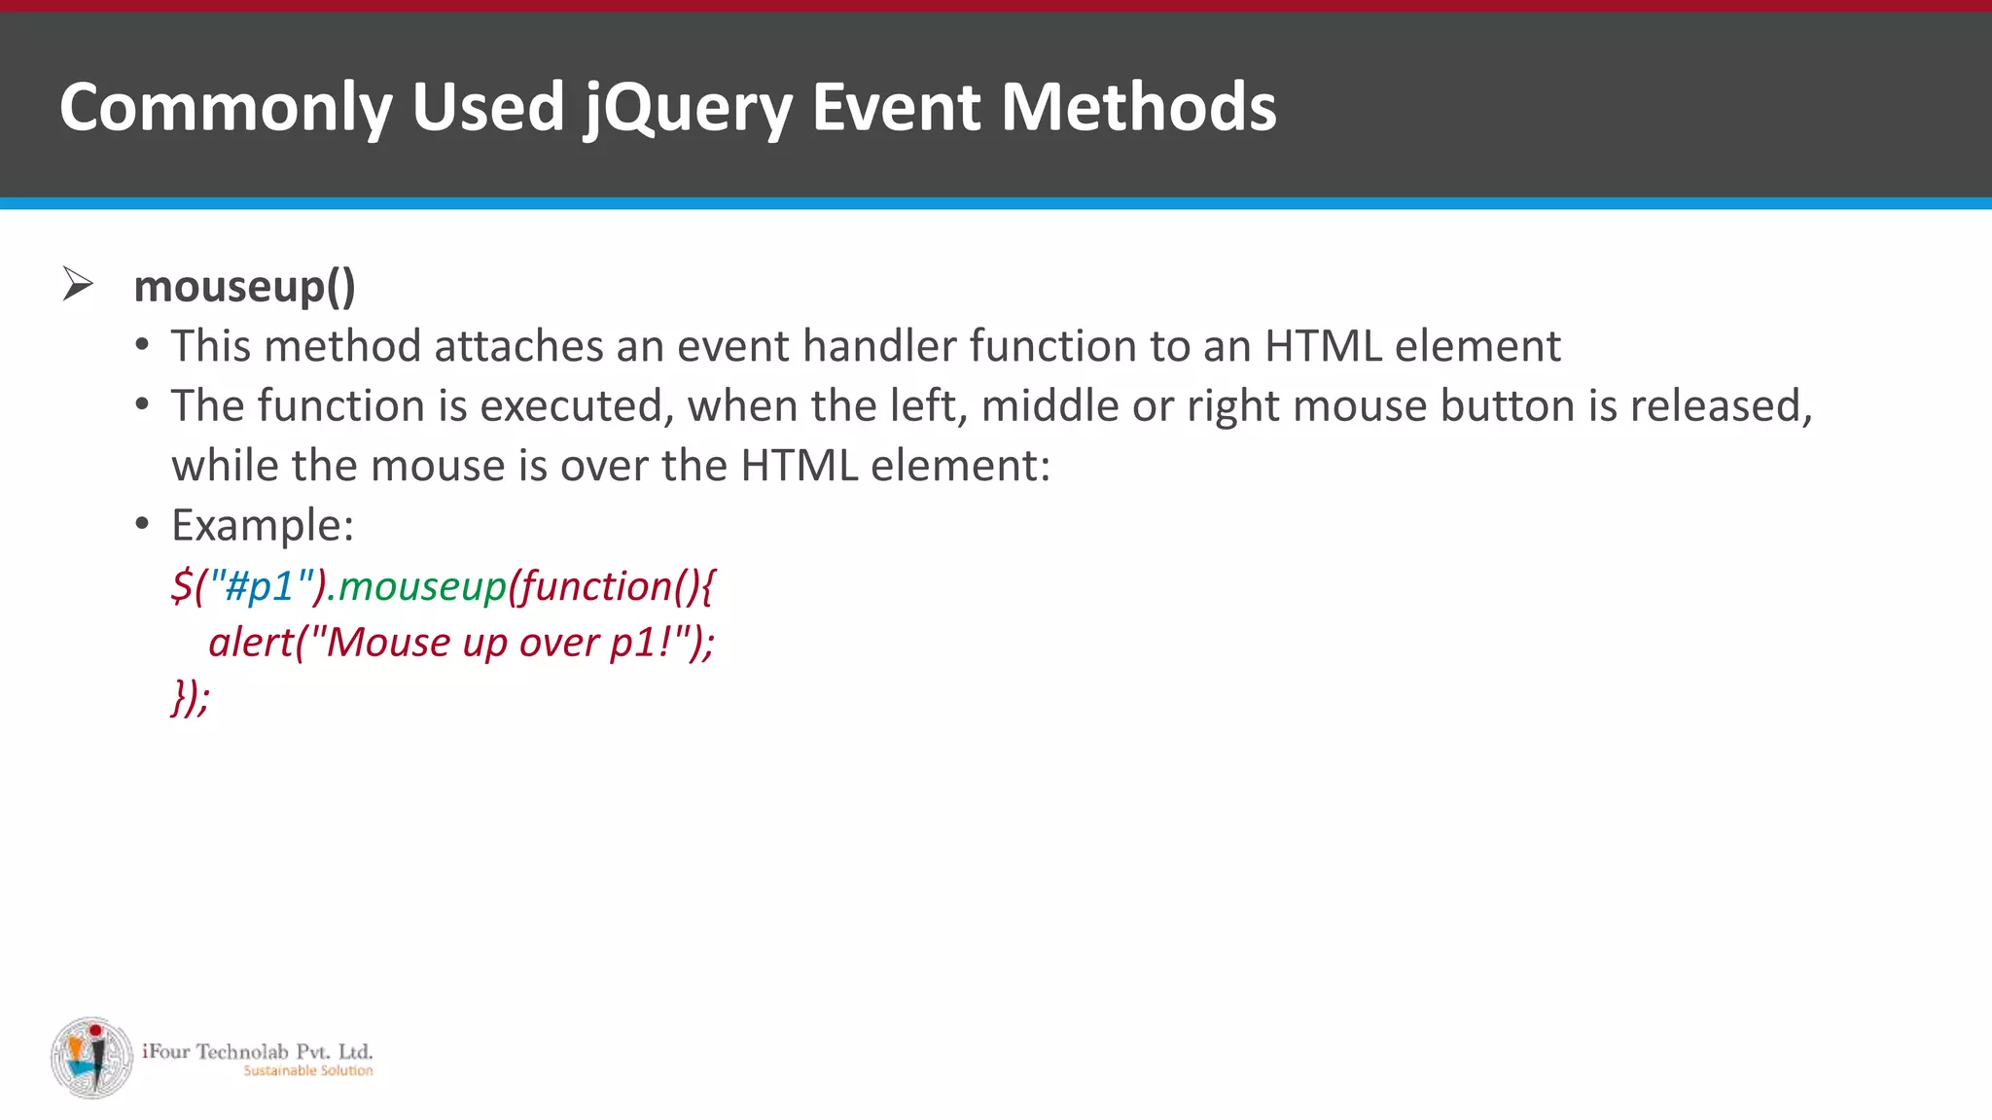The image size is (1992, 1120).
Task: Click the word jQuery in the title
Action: point(688,107)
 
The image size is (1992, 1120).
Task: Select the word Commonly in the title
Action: point(226,107)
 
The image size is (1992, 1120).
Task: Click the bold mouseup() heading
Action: point(244,287)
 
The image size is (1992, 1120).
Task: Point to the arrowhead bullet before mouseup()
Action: point(78,284)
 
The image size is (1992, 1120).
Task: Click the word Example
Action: point(262,525)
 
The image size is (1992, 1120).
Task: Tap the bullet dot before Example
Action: point(143,525)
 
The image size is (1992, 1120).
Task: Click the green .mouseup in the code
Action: point(422,586)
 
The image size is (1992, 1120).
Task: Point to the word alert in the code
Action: point(250,643)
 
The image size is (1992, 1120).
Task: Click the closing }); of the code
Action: point(191,697)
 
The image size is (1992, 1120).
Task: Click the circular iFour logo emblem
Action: point(92,1058)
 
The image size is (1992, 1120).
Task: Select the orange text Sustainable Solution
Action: point(307,1070)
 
